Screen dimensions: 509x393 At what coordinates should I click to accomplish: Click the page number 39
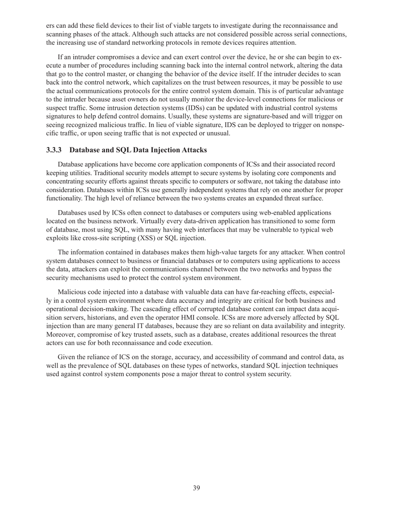(x=196, y=488)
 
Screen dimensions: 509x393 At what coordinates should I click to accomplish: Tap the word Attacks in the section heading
(x=194, y=150)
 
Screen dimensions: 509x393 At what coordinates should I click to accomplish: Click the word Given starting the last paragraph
(x=67, y=357)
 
